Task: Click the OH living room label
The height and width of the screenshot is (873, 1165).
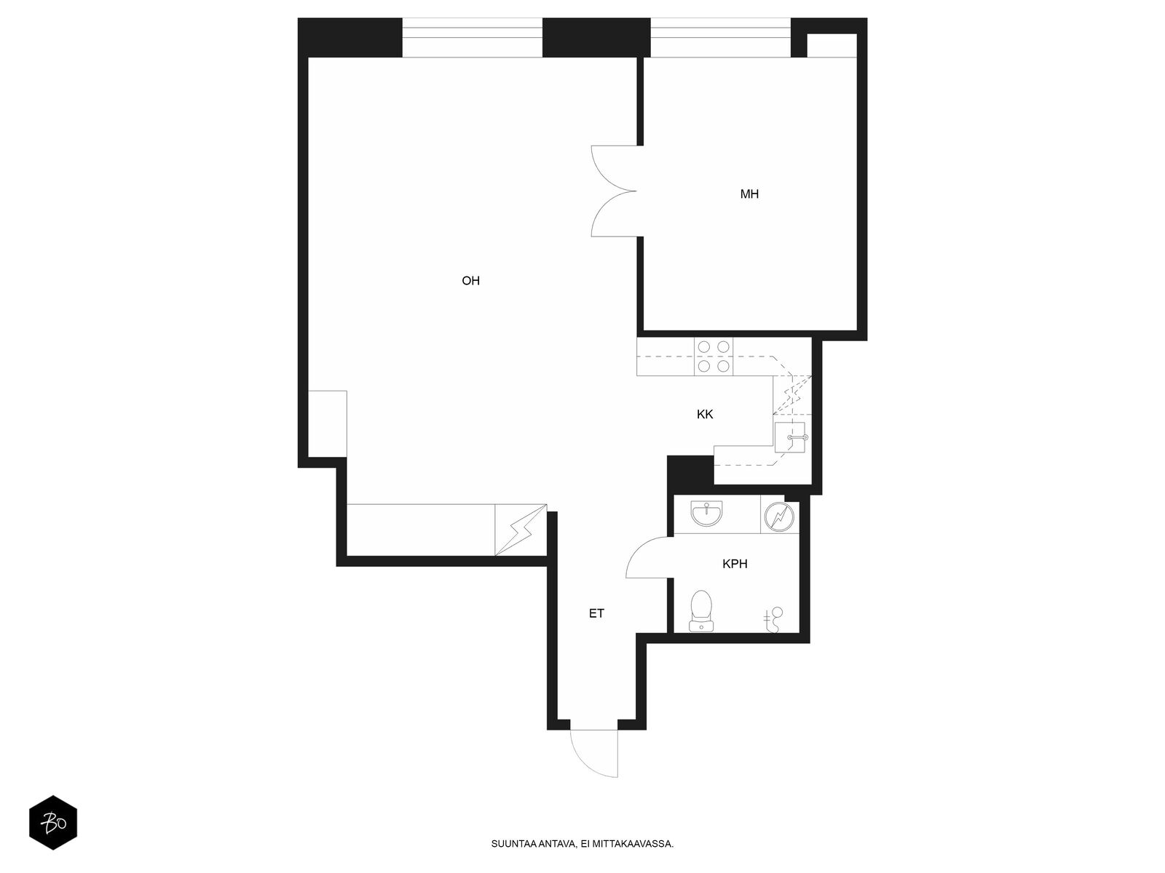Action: coord(470,280)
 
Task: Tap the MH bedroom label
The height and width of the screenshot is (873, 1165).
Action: coord(749,194)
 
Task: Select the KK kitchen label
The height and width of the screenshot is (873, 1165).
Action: coord(704,415)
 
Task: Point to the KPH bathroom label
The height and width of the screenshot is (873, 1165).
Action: coord(735,564)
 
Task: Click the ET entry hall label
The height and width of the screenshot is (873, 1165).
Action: coord(596,613)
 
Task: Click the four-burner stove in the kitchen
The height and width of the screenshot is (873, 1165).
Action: coord(714,356)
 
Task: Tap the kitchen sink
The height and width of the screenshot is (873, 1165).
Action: coord(790,437)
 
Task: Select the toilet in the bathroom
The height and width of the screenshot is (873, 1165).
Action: coord(701,610)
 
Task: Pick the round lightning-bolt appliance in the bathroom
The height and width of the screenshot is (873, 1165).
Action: coord(780,517)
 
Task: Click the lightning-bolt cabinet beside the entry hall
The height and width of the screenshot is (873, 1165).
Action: coord(521,530)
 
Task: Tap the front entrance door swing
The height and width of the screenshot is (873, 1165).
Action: coord(594,754)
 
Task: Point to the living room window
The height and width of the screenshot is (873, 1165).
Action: coord(472,37)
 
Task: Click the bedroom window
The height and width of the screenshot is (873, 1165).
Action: coord(720,37)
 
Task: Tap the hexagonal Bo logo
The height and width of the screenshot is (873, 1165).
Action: coord(53,823)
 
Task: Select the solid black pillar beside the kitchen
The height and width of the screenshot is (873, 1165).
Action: coord(690,474)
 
